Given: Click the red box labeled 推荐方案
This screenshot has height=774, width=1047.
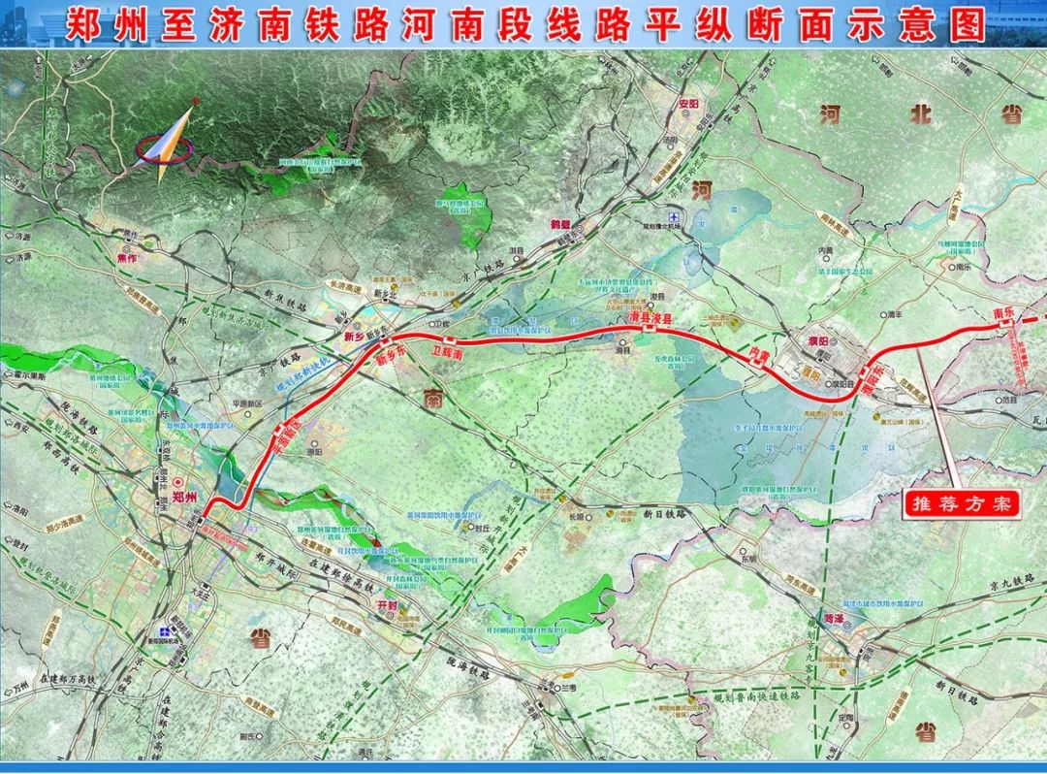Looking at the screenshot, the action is pos(962,504).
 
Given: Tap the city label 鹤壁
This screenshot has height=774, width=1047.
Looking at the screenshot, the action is pos(559,224).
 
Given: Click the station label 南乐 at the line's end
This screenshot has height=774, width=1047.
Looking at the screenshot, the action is pos(1002,312).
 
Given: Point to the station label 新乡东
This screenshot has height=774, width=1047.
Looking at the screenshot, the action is pos(389,356).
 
